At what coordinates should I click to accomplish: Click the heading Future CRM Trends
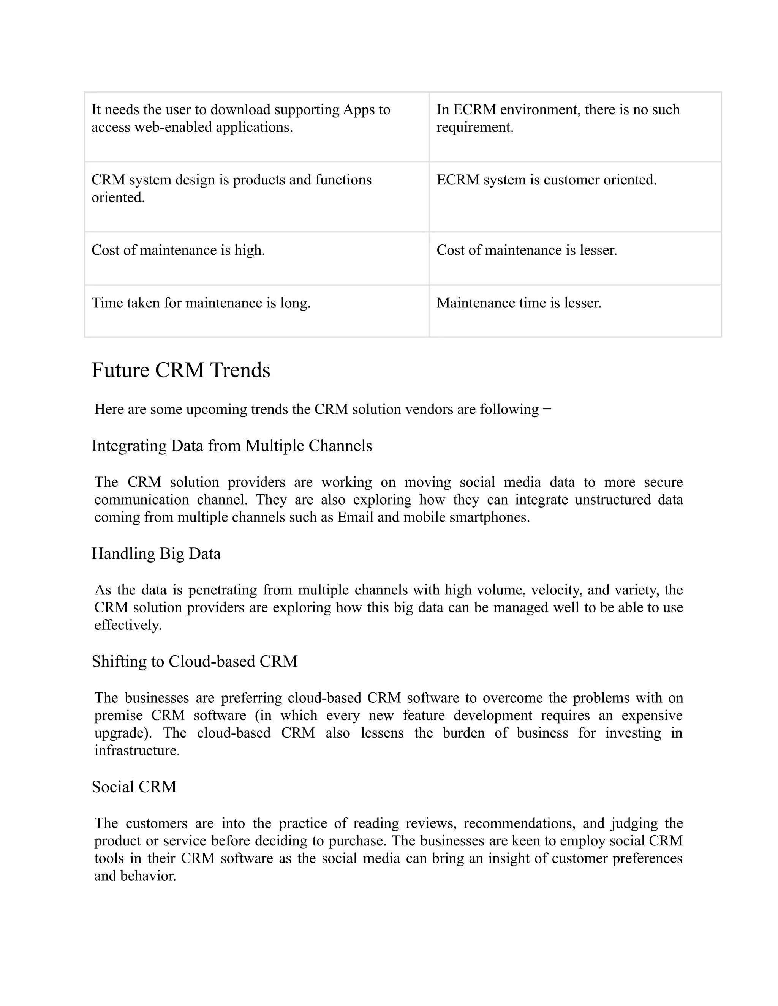coord(181,371)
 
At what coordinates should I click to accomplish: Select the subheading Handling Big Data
coord(156,553)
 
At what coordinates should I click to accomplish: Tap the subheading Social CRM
coord(134,787)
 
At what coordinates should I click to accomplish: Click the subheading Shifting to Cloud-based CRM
coord(194,661)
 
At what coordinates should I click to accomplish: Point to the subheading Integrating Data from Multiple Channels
coord(231,446)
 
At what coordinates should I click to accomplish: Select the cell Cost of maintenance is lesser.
coord(527,250)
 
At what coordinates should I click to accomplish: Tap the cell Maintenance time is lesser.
coord(519,303)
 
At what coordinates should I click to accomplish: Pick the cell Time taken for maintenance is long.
coord(201,303)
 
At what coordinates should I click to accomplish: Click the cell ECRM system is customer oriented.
coord(546,180)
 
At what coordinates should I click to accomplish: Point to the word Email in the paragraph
coord(355,517)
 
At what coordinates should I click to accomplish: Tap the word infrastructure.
coord(136,751)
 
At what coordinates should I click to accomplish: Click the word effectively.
coord(128,626)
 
